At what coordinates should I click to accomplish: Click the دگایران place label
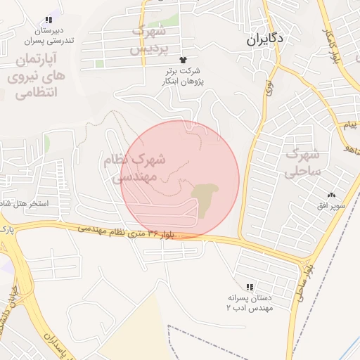coord(264,40)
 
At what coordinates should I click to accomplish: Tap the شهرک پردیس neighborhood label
coord(148,39)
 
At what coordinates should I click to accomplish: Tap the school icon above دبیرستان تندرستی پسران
coord(48,20)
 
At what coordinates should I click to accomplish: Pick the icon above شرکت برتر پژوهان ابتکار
coord(184,60)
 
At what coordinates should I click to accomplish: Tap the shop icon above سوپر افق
coord(331,195)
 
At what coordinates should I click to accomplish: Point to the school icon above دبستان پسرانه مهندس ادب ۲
coord(250,287)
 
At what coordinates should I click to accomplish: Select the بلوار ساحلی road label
coord(302,282)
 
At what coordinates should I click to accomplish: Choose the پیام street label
coord(349,125)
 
